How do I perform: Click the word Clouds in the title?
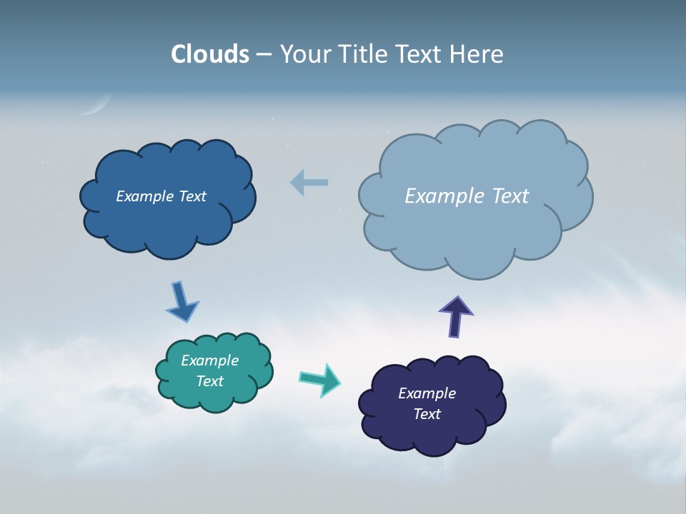(210, 54)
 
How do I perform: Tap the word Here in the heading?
(478, 54)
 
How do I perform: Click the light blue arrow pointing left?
(309, 183)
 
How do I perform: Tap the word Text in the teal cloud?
(210, 381)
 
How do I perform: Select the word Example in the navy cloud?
(427, 393)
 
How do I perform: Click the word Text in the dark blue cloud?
(191, 196)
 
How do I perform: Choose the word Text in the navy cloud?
(427, 414)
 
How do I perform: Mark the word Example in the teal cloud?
(210, 361)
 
